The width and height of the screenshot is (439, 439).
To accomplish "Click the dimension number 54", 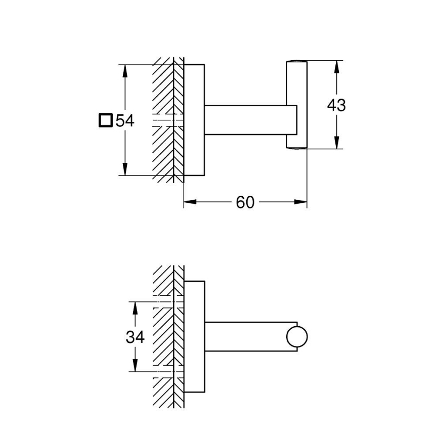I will click(x=125, y=121).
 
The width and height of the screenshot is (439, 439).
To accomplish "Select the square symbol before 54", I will click(x=105, y=121).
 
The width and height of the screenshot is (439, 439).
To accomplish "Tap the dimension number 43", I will click(x=336, y=105).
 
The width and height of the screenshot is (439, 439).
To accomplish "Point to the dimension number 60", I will click(x=245, y=202).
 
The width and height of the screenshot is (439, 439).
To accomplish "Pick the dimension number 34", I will click(x=135, y=337).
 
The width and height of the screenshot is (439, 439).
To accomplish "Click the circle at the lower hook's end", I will click(x=297, y=337).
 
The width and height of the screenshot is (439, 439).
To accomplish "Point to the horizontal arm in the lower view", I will click(x=243, y=337).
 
